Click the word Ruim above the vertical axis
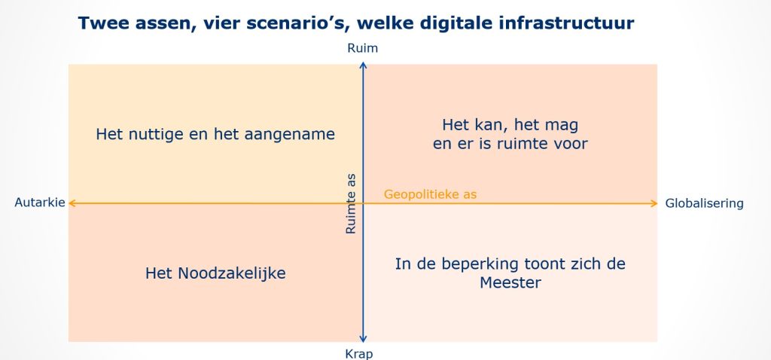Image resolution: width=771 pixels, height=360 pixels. pos(362,48)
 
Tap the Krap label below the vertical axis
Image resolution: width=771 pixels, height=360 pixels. pos(359,354)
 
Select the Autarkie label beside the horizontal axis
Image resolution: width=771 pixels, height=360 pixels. pos(40,203)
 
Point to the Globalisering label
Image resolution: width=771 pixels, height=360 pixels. pos(704,203)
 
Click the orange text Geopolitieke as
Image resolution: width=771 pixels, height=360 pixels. pos(430,194)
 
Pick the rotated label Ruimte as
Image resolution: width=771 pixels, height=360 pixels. pos(351,203)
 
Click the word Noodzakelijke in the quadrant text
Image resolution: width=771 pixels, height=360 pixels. pos(232,273)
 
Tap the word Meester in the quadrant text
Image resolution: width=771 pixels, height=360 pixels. pos(510,282)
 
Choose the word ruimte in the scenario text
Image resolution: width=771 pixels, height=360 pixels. pos(527,144)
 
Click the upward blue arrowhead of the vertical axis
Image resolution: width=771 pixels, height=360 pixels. pos(363,65)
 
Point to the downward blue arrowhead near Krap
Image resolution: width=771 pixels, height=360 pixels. pos(363,338)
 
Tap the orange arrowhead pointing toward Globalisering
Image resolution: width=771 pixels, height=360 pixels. pos(654,203)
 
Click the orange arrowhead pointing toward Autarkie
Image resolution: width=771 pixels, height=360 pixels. pos(72,203)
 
